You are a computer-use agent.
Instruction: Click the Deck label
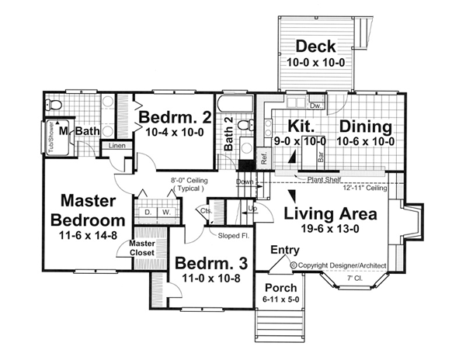coord(315,47)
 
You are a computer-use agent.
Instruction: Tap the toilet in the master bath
coord(54,105)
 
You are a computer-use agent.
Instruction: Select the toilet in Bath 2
coord(246,125)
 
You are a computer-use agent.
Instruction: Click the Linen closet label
coord(117,146)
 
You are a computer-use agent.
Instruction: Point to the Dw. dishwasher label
coord(315,106)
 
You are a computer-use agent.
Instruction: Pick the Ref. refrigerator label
coord(264,158)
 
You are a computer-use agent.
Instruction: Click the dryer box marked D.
coord(148,213)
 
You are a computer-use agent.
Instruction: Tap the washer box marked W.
coord(166,213)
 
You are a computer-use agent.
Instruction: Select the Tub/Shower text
coord(50,137)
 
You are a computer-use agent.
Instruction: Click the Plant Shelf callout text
coord(324,179)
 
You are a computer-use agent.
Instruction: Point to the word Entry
coord(285,250)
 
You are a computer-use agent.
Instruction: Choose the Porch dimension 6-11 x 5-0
coord(281,299)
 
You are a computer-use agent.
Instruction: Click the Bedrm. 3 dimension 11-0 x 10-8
coord(211,279)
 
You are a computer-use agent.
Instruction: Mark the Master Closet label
coord(142,248)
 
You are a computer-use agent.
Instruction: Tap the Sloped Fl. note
coord(233,236)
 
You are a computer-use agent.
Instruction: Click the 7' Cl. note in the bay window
coord(355,279)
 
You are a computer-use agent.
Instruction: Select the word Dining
coord(366,126)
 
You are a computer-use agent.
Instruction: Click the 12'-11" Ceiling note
coord(365,188)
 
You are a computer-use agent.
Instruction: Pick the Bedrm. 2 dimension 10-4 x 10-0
coord(175,132)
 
